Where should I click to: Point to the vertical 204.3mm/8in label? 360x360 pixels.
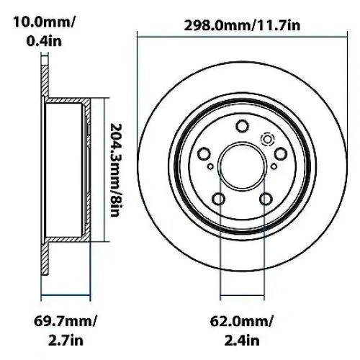[116, 168]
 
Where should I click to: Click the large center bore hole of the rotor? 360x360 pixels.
[240, 167]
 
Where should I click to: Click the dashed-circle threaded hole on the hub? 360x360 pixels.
[269, 140]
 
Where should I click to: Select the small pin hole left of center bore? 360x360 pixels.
[210, 168]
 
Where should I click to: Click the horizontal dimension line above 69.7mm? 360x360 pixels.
[65, 295]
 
